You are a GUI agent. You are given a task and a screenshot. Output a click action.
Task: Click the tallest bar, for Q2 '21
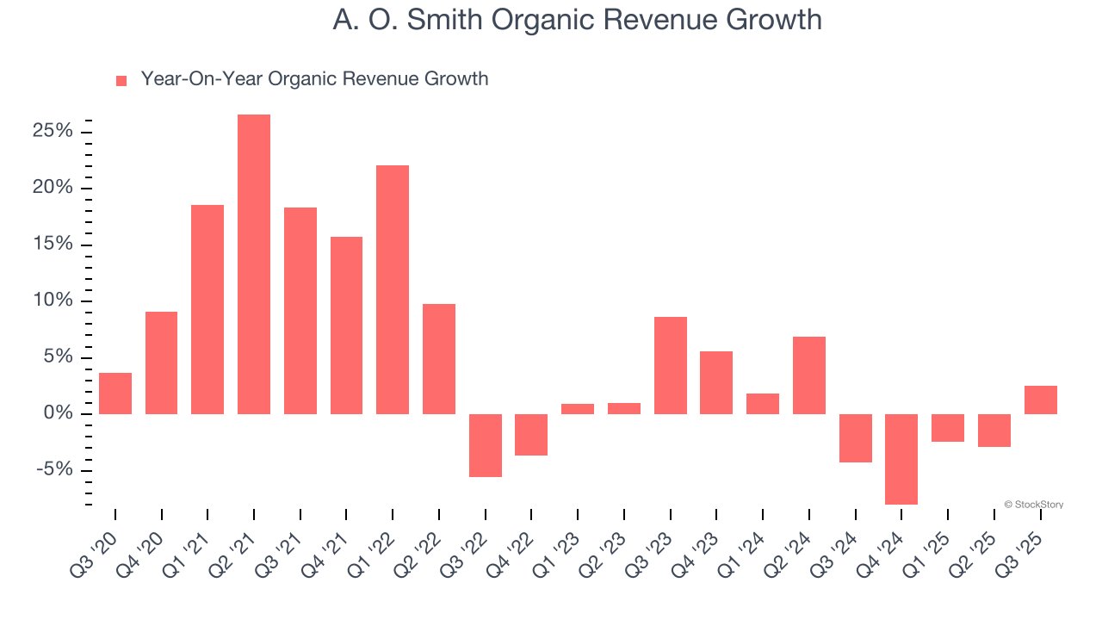tap(254, 264)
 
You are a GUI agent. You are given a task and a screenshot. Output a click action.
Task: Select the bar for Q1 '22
tap(393, 289)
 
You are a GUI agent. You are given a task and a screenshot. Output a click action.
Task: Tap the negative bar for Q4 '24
tap(901, 459)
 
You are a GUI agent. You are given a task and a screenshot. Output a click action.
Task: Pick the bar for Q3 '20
tap(115, 394)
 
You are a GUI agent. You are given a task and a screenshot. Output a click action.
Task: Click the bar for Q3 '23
tap(671, 365)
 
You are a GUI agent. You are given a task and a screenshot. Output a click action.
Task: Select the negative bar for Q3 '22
tap(486, 445)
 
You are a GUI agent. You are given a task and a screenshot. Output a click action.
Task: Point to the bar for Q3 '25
tap(1040, 400)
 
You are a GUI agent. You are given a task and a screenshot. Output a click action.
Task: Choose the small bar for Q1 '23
tap(578, 409)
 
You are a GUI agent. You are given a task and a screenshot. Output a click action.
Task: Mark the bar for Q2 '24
tap(809, 375)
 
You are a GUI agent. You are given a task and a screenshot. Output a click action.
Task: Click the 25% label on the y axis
tap(53, 132)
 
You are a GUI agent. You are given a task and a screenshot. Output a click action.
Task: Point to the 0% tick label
tap(59, 414)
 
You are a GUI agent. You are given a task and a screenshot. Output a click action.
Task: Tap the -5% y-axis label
tap(55, 470)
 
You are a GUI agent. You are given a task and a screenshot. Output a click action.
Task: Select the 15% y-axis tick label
tap(53, 245)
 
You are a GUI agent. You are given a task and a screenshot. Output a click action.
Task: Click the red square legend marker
tap(121, 81)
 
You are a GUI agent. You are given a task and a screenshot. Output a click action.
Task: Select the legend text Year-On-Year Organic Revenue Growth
tap(314, 79)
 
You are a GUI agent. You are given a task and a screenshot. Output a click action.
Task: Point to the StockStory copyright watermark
tap(1033, 505)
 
